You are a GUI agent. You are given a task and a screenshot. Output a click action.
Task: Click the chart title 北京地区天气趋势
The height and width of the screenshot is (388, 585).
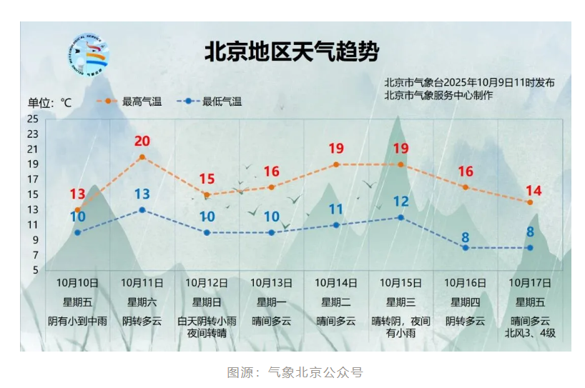click(x=292, y=51)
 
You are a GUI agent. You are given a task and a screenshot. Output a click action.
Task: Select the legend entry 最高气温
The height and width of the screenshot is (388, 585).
click(x=134, y=101)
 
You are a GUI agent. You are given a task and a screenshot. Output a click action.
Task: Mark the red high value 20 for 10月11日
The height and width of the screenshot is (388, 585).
click(x=142, y=141)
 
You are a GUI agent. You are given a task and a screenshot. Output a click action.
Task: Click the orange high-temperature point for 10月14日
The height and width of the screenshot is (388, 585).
click(x=336, y=164)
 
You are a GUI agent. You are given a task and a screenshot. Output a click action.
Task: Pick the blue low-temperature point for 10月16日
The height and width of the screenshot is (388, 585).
click(x=466, y=248)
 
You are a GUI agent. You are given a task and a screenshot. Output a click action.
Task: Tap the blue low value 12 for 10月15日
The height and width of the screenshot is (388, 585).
click(x=400, y=202)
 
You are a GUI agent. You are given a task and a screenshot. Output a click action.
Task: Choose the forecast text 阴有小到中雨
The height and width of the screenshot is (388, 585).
click(x=77, y=321)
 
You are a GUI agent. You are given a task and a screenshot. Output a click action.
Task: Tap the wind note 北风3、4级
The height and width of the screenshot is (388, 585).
click(x=530, y=333)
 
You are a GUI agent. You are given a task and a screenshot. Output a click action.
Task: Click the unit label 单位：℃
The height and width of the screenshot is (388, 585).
click(x=50, y=102)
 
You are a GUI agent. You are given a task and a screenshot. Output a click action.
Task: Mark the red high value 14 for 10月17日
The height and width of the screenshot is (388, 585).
click(x=533, y=191)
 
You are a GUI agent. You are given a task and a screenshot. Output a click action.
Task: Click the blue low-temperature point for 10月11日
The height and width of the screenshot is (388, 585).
click(x=142, y=210)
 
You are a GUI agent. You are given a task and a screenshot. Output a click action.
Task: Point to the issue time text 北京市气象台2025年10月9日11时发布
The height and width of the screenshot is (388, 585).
click(x=469, y=82)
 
